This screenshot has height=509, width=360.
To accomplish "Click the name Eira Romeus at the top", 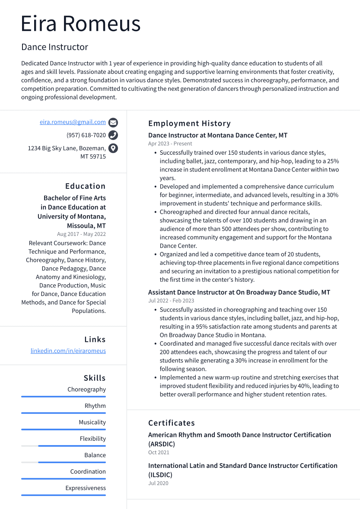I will pos(81,24).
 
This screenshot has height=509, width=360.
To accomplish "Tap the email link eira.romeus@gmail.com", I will pos(73,122).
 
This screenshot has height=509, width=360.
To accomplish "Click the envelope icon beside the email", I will pos(113,122).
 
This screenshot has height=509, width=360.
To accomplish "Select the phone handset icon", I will pos(113,135).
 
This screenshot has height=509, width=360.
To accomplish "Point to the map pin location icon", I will pos(113,148).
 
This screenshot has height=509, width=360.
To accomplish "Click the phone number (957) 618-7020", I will pos(86,135).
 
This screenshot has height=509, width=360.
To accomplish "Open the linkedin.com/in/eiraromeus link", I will pos(68,351).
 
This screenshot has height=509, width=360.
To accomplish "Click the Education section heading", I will pos(85,186).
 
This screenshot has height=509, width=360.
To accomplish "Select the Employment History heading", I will pos(189,124).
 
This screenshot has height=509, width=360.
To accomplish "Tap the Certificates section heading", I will pos(172,423).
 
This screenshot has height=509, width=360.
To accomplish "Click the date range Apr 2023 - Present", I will pos(170,144).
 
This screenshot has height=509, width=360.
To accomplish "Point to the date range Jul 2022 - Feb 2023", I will pos(171,301).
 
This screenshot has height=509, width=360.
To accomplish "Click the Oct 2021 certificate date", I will pos(159,453).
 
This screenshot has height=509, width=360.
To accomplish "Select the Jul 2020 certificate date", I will pos(158,484).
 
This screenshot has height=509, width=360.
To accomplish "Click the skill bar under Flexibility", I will pos(64,446).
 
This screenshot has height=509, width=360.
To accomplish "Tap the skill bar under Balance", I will pos(64,462).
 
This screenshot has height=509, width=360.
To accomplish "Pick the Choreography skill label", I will pos(86,390).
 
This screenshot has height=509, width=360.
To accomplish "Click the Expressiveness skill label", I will pos(86,488).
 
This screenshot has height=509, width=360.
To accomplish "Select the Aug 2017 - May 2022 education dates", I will pos(81,234).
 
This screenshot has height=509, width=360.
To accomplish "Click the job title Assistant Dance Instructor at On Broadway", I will pos(239,293).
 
